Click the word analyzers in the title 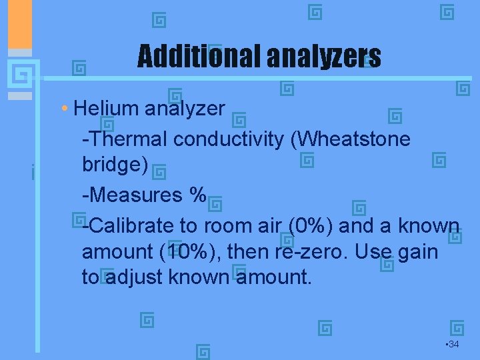324,57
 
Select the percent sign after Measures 198,195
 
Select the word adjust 134,277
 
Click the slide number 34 453,344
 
